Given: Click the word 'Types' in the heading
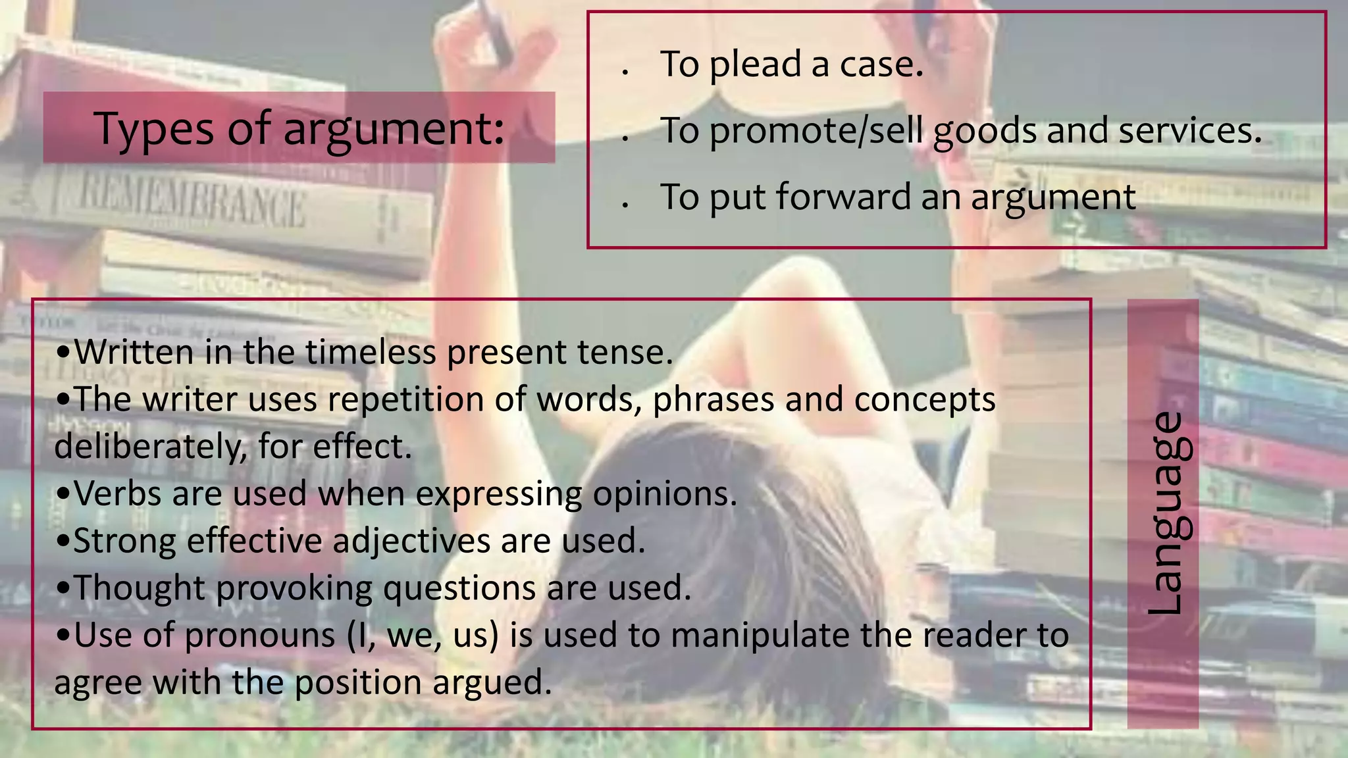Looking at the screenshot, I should point(154,129).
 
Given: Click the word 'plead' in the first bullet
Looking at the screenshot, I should point(754,64).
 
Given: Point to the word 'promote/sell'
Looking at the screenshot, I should point(816,131).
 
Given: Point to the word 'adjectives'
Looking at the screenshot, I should point(411,541).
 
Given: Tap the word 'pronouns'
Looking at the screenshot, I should point(260,635).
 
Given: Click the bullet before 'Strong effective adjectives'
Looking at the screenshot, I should point(63,542).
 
